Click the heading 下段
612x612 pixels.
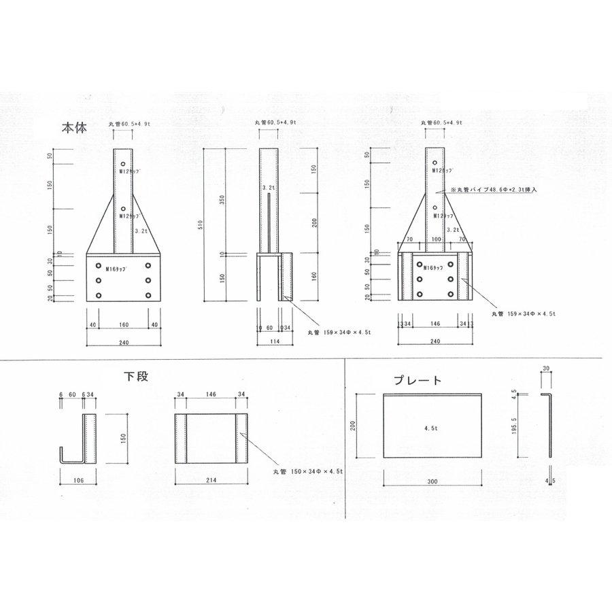(136, 375)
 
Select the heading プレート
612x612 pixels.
(418, 381)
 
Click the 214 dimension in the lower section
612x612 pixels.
(211, 480)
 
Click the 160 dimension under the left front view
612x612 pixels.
(123, 324)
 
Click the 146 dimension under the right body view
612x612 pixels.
(435, 325)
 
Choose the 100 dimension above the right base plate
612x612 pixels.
(435, 240)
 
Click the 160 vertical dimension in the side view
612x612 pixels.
(314, 277)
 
